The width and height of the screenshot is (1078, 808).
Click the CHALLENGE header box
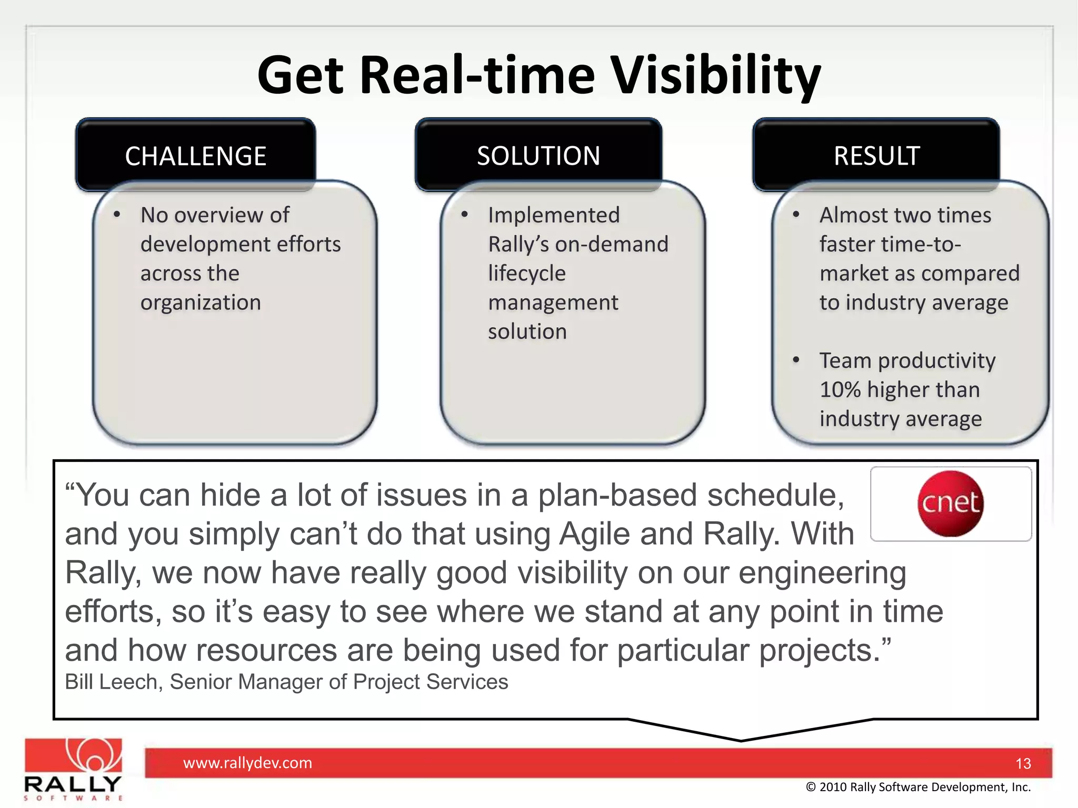tap(195, 155)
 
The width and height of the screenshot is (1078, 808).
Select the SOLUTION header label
tap(538, 156)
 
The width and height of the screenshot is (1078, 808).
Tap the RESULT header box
tap(876, 156)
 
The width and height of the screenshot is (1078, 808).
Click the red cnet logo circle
tap(950, 503)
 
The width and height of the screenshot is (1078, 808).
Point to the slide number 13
tap(1023, 764)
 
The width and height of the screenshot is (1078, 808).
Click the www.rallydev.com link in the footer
tap(247, 763)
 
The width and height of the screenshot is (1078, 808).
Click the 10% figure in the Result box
tap(840, 390)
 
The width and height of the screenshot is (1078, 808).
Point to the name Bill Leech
tap(111, 682)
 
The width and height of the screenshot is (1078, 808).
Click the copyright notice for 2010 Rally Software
tap(918, 787)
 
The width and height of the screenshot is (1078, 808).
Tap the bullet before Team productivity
tap(796, 360)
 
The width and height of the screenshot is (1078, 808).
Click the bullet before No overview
tap(117, 215)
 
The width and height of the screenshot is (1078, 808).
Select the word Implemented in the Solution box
tap(554, 215)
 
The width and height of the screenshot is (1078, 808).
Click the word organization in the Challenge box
tap(201, 302)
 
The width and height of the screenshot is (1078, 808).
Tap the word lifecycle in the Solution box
tap(527, 274)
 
